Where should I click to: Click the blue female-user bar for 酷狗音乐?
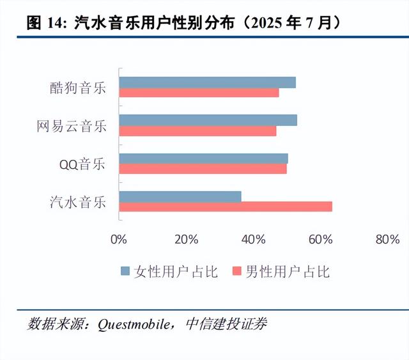pyautogui.click(x=207, y=82)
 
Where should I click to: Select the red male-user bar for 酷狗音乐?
pyautogui.click(x=199, y=93)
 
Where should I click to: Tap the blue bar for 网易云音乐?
pyautogui.click(x=208, y=120)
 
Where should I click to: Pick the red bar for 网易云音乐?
pyautogui.click(x=197, y=130)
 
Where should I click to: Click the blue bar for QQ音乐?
pyautogui.click(x=203, y=159)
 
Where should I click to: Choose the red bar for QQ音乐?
pyautogui.click(x=203, y=169)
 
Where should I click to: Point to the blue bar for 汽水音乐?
pyautogui.click(x=180, y=196)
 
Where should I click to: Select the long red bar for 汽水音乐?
pyautogui.click(x=226, y=207)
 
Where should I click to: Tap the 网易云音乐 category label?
pyautogui.click(x=72, y=126)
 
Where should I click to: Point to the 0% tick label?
pyautogui.click(x=119, y=240)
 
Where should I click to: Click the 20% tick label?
pyautogui.click(x=185, y=240)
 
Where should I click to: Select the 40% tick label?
pyautogui.click(x=254, y=240)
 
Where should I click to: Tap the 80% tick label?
pyautogui.click(x=388, y=240)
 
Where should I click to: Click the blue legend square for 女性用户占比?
pyautogui.click(x=125, y=272)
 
